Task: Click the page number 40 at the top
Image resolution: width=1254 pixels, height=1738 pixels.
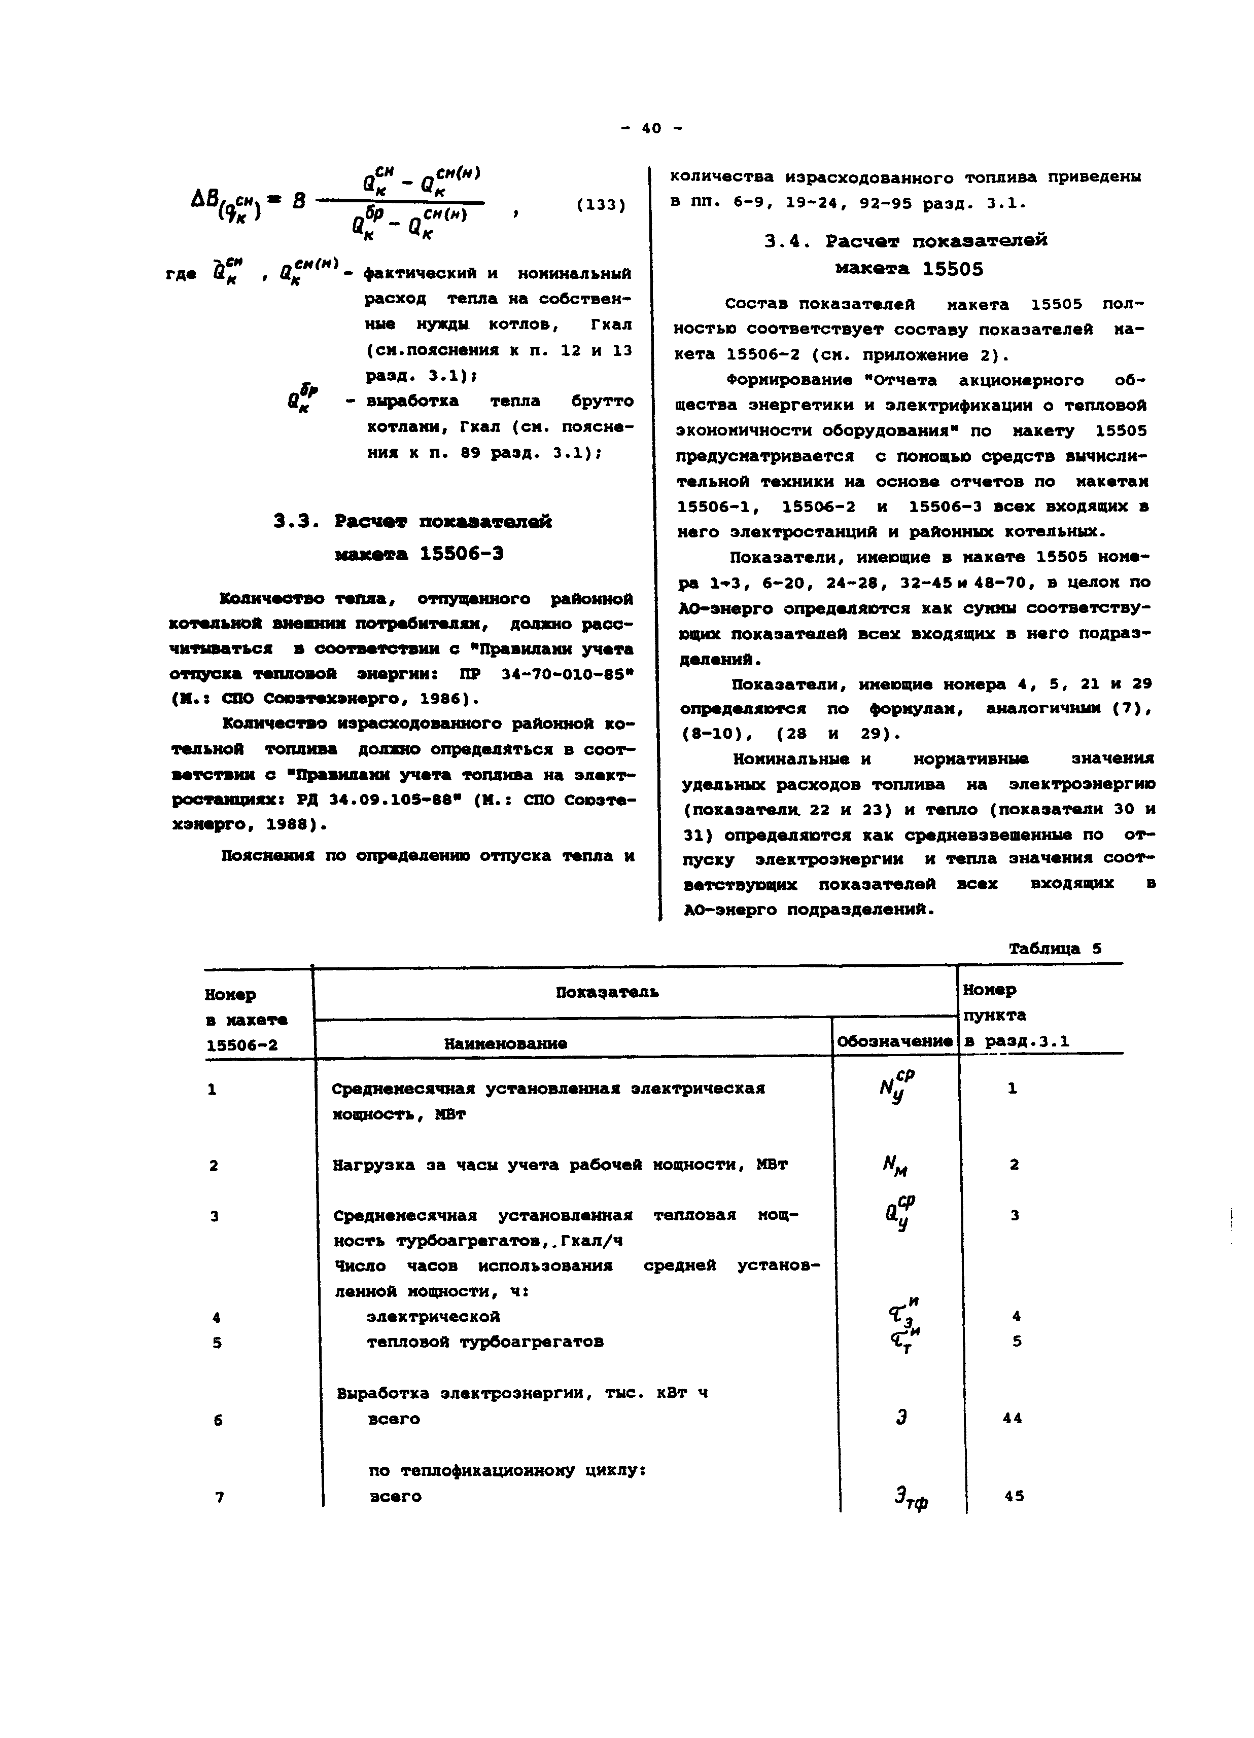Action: click(x=651, y=129)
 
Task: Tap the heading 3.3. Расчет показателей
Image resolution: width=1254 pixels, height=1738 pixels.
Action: click(x=413, y=522)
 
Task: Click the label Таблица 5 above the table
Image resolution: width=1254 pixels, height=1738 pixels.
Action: click(x=1055, y=948)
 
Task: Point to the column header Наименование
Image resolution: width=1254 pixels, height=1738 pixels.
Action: click(x=506, y=1043)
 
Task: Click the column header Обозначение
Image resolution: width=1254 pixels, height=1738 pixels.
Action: click(x=894, y=1041)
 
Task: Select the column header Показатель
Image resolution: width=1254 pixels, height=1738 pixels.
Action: click(x=606, y=992)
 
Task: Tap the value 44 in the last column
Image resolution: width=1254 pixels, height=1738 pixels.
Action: click(x=1013, y=1419)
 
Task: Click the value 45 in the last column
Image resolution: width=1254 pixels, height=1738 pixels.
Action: click(x=1014, y=1496)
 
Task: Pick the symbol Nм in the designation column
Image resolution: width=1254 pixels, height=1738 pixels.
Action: click(x=895, y=1166)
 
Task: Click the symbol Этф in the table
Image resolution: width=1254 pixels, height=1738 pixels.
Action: click(x=910, y=1498)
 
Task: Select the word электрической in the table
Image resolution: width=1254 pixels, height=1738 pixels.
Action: click(x=433, y=1317)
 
